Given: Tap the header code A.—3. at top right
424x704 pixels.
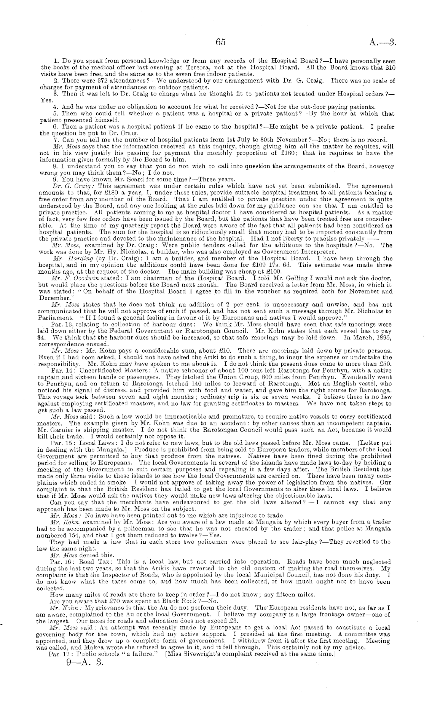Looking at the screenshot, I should [383, 42].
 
